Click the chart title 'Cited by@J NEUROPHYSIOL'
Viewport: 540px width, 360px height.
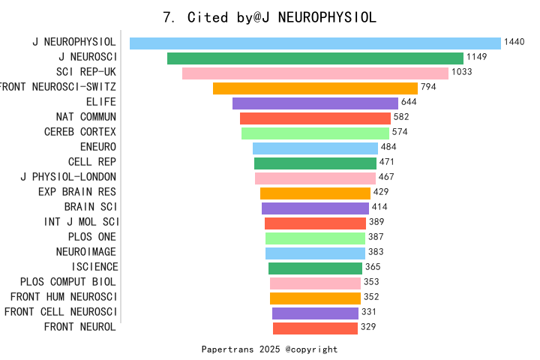270,17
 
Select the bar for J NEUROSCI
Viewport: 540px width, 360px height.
315,58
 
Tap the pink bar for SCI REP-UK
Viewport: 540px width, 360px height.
315,73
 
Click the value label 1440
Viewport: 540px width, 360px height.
514,43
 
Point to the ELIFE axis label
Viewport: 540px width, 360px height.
101,102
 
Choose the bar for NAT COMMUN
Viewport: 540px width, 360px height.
315,118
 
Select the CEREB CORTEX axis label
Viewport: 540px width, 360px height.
80,132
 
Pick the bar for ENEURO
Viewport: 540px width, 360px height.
315,148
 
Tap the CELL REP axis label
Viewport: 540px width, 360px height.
92,162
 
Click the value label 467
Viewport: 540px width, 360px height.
386,177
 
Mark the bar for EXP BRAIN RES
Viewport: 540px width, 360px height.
315,193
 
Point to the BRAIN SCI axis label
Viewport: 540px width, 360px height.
90,207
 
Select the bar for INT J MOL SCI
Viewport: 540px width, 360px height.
315,223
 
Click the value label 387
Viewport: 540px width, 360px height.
376,237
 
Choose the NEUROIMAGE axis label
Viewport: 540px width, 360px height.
86,252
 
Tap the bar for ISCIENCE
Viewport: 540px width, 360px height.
315,268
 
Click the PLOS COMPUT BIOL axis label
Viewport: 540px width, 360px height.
68,282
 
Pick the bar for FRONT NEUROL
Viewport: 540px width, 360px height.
315,328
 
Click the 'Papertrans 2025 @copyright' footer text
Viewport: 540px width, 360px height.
270,349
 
